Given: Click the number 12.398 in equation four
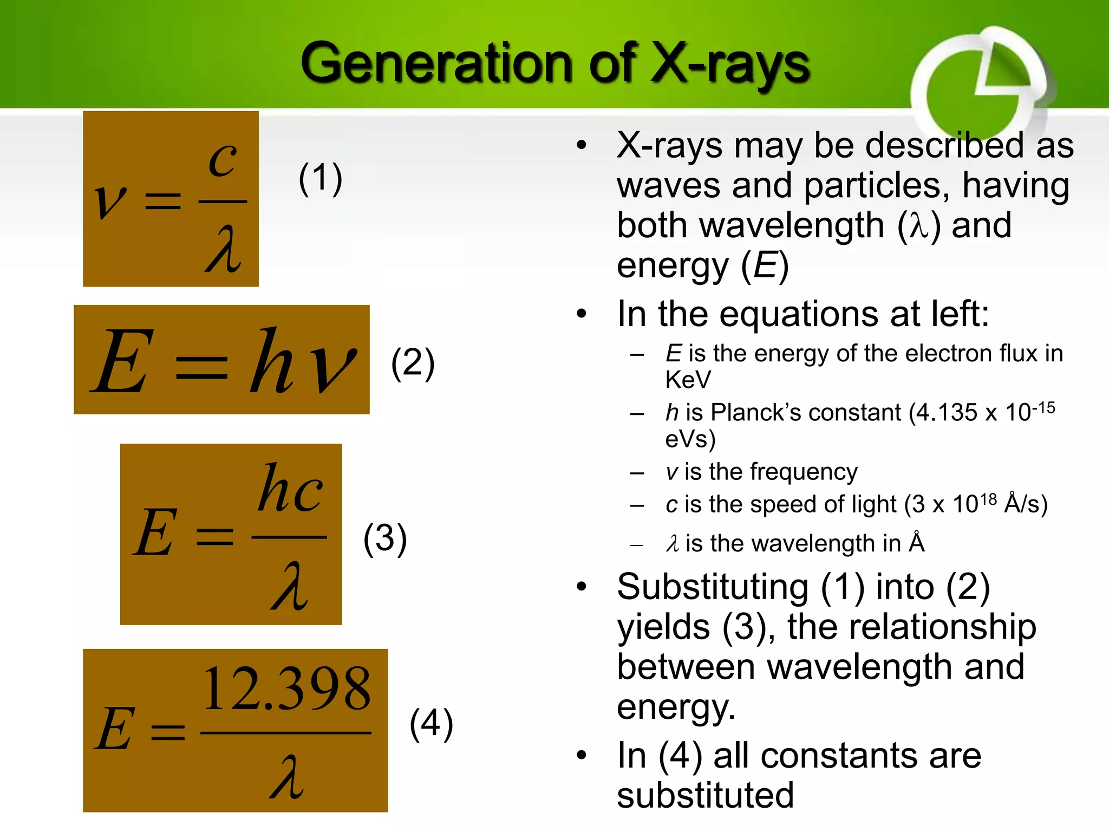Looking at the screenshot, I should point(286,688).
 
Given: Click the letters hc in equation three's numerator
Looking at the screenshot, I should point(290,489).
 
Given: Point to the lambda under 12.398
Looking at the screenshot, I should point(286,777).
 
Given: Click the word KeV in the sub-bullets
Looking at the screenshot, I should point(688,380).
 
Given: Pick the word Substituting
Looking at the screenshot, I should point(713,587).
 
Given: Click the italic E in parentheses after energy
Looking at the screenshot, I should point(765,265).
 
